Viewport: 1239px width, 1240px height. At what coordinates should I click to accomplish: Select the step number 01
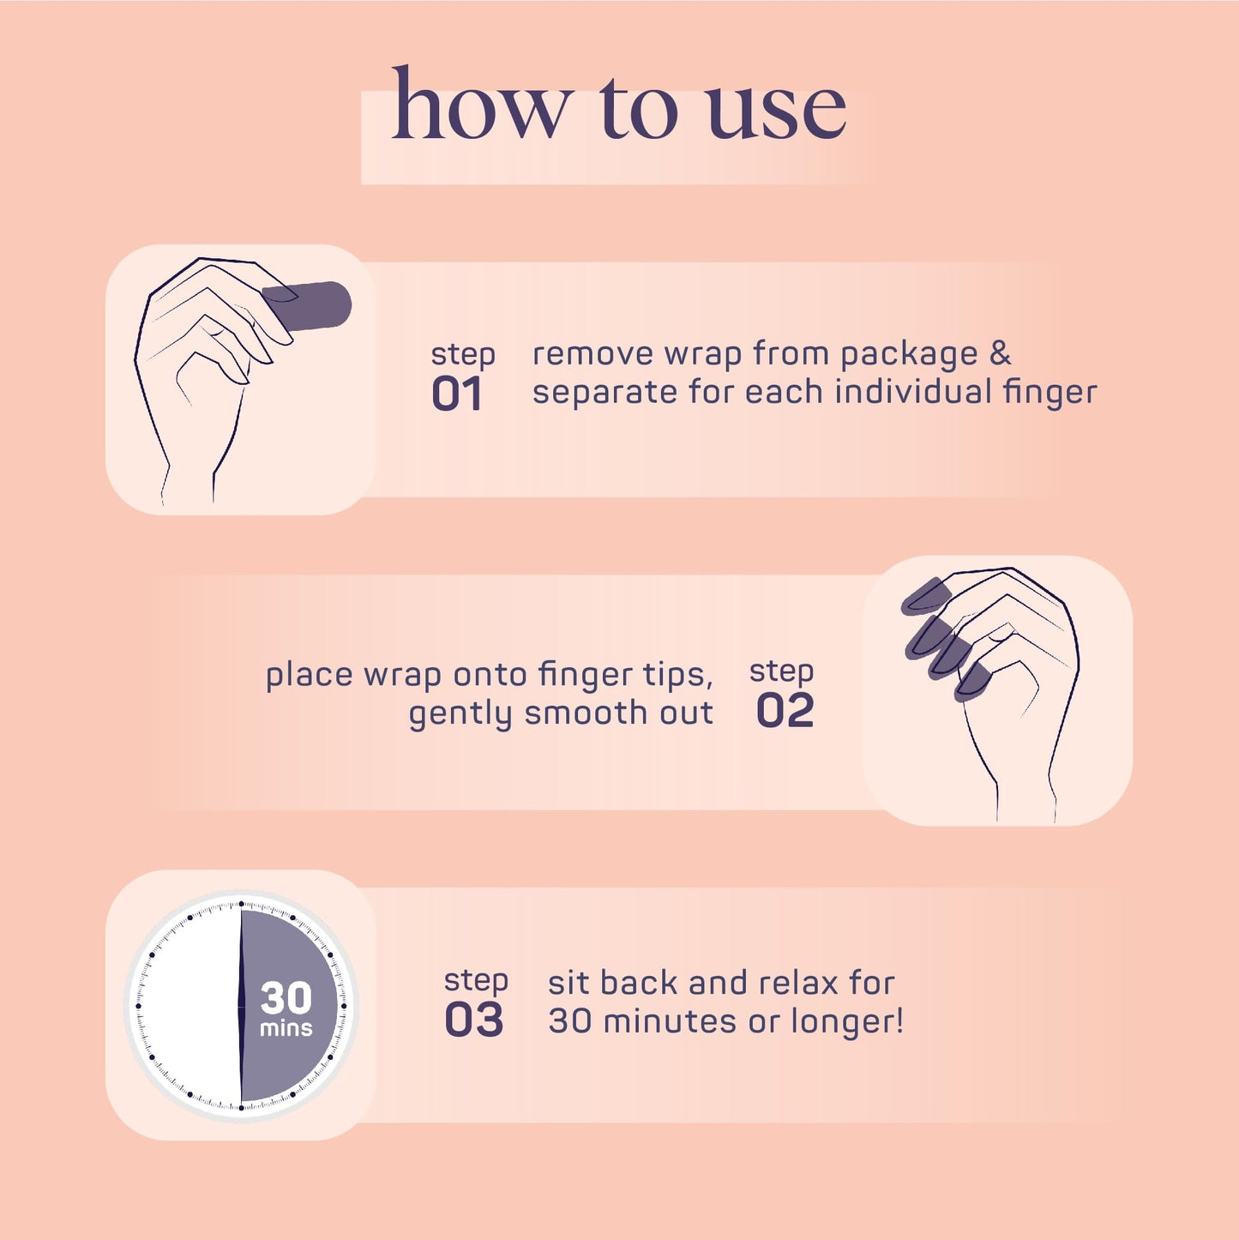point(456,394)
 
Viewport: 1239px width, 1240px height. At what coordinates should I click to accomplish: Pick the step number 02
point(785,710)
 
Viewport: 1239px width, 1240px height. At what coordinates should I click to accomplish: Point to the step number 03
point(473,1020)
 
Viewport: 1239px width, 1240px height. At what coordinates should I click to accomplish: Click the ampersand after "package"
point(1000,353)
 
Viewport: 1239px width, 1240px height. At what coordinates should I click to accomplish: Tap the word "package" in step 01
point(909,356)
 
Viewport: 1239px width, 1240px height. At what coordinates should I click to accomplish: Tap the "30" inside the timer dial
point(286,997)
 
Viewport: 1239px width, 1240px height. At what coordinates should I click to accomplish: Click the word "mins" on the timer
point(286,1027)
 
